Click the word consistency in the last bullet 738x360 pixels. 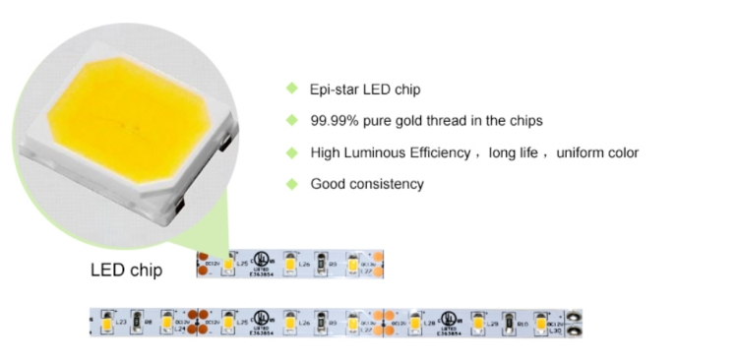(x=386, y=184)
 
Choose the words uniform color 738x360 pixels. (x=597, y=152)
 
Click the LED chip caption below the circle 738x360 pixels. (x=127, y=270)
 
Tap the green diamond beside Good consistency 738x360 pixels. (x=291, y=183)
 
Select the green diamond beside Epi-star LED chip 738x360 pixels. (x=291, y=90)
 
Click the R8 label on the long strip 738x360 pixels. (x=149, y=321)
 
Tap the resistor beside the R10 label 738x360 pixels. (x=508, y=321)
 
